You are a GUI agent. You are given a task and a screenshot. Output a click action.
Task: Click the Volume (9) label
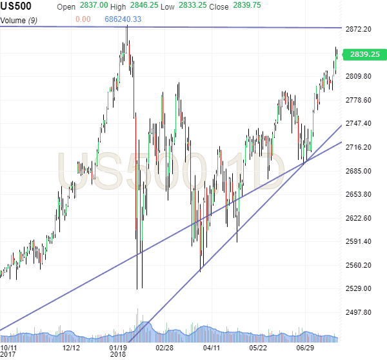pyautogui.click(x=20, y=19)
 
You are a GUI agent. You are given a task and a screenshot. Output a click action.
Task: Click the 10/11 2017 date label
pyautogui.click(x=9, y=350)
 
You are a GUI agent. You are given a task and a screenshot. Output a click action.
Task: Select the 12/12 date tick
pyautogui.click(x=71, y=347)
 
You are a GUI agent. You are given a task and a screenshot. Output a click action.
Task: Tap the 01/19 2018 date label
pyautogui.click(x=117, y=350)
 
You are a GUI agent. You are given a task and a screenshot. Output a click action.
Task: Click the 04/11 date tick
pyautogui.click(x=211, y=347)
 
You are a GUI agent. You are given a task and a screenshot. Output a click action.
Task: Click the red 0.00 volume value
pyautogui.click(x=83, y=19)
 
